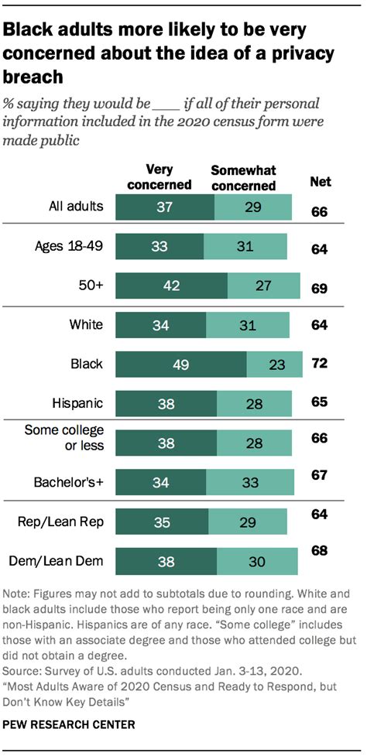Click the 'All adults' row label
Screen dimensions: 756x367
pos(74,206)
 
